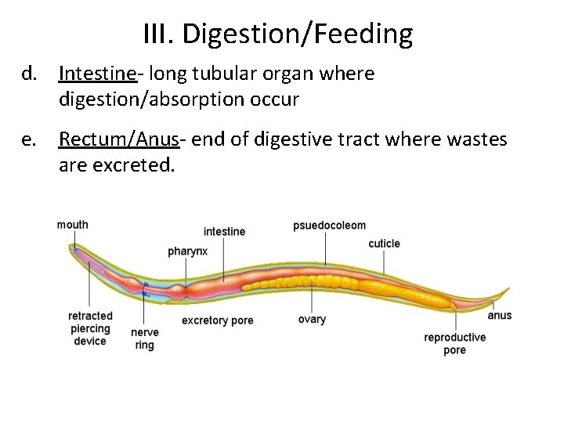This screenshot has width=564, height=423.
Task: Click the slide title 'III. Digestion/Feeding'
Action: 278,34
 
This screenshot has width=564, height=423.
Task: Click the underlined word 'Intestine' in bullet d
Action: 89,74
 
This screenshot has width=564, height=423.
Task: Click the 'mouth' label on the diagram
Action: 73,225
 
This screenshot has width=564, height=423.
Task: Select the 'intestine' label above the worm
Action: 224,231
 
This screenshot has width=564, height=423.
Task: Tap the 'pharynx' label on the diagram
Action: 188,251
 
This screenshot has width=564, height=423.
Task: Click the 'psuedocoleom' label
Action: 329,226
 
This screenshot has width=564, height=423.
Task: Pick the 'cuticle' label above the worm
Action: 384,244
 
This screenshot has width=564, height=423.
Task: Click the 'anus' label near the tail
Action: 499,316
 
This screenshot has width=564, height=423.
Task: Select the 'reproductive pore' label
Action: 454,344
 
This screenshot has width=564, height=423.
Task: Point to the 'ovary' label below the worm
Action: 312,320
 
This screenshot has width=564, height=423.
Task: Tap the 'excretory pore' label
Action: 217,320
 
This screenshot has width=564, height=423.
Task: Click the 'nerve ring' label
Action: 144,338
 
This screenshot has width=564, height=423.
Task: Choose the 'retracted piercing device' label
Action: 90,328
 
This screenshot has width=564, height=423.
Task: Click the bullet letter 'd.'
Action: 30,74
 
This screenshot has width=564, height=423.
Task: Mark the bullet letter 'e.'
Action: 30,140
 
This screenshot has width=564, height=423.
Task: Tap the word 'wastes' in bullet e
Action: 479,140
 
